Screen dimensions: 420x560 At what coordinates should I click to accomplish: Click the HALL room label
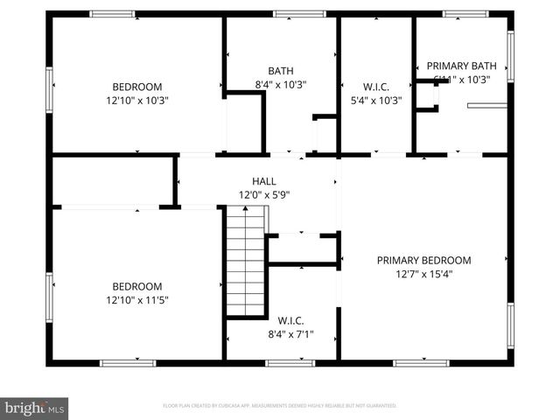click(x=263, y=181)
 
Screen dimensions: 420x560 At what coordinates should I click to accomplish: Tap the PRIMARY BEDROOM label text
click(x=423, y=260)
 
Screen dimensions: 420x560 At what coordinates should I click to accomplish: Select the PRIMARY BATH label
click(x=461, y=66)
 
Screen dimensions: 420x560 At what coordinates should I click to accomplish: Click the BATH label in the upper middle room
click(x=281, y=72)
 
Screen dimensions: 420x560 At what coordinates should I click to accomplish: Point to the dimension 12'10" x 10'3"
click(x=137, y=101)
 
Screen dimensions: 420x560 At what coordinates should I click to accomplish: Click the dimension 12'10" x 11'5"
click(x=137, y=300)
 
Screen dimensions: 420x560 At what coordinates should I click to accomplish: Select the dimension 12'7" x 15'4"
click(x=423, y=274)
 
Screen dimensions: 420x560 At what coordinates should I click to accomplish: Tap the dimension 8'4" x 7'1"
click(x=290, y=333)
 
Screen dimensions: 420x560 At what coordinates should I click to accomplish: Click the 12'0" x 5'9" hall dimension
click(x=263, y=195)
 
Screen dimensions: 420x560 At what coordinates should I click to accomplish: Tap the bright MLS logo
click(x=35, y=407)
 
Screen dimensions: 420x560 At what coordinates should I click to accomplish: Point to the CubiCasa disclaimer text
click(x=280, y=406)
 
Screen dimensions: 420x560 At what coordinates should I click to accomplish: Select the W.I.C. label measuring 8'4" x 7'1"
click(x=290, y=319)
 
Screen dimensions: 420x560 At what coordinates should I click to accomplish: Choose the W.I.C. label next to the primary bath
click(x=376, y=87)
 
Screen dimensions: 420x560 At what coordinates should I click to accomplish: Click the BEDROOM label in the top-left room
click(x=137, y=87)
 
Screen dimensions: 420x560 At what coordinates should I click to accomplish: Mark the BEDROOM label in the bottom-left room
click(x=137, y=286)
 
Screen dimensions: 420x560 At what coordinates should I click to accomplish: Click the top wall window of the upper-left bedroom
click(x=113, y=14)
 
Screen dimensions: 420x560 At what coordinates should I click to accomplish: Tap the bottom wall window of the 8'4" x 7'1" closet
click(x=290, y=362)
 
